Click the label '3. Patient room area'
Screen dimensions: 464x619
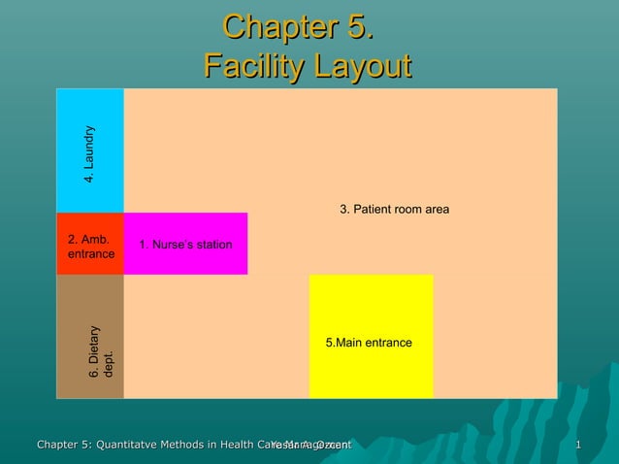point(394,211)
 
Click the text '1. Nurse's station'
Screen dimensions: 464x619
point(185,244)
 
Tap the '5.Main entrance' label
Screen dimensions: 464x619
point(369,344)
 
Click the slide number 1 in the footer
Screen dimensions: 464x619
point(578,446)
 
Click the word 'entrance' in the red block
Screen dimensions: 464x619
point(90,254)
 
